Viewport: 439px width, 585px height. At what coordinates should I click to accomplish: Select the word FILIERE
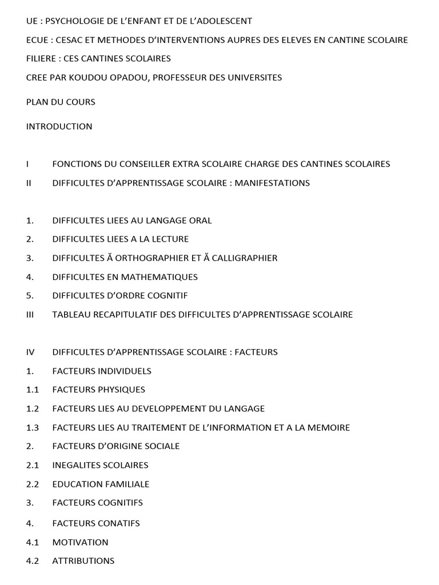[41, 58]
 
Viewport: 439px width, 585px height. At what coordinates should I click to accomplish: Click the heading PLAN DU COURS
[61, 102]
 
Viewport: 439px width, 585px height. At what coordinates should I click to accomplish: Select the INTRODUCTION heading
[59, 126]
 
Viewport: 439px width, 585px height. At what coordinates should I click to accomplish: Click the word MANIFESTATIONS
[273, 183]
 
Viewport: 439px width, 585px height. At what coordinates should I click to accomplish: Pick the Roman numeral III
[31, 314]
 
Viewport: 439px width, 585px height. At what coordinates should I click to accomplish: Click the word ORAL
[201, 221]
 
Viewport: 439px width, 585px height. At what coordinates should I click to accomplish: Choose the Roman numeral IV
[30, 352]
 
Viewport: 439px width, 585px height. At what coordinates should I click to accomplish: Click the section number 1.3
[33, 427]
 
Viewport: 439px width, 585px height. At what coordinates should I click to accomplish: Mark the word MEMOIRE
[326, 427]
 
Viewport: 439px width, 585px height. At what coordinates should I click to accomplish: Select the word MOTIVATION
[80, 542]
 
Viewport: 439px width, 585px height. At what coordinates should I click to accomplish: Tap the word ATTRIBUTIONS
[83, 560]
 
